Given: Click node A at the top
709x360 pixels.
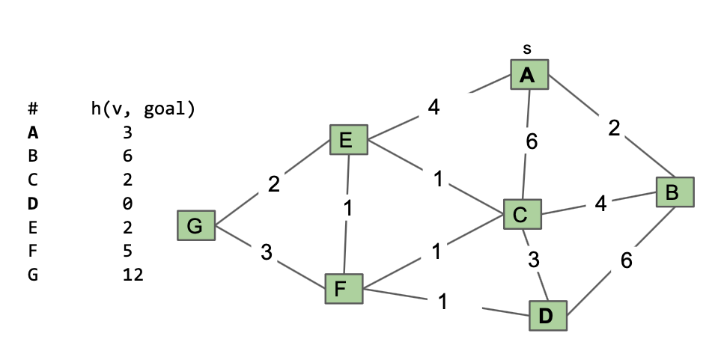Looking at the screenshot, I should (x=529, y=75).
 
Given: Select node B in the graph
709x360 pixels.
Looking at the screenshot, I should (x=673, y=192).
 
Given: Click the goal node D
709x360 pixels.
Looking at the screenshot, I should (x=547, y=317).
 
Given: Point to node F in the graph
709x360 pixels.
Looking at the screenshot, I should (x=343, y=288).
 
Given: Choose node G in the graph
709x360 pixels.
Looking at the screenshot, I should (x=195, y=225).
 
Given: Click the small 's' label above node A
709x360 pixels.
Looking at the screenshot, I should (x=527, y=49).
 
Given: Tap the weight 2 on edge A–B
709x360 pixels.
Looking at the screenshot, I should (x=614, y=129).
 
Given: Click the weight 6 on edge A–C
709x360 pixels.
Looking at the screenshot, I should (x=531, y=141).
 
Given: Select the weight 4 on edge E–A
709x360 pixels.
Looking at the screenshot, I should (x=433, y=108).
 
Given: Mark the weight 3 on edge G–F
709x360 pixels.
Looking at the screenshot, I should (x=266, y=252).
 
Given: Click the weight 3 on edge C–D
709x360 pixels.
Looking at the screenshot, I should (x=532, y=260).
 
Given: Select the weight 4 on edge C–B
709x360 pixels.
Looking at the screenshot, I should (x=600, y=204).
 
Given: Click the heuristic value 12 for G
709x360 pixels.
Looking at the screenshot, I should (x=133, y=275).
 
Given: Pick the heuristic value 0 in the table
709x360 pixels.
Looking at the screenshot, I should (x=127, y=203).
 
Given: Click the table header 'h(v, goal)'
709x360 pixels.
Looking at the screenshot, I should (x=142, y=109).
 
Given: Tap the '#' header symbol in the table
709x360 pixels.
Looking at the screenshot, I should (x=32, y=109).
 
